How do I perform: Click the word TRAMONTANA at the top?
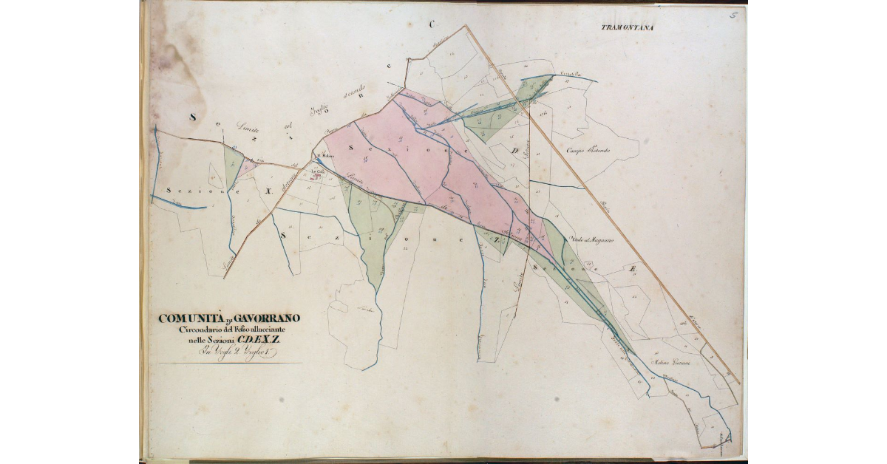pyautogui.click(x=628, y=28)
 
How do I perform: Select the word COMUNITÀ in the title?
pyautogui.click(x=190, y=318)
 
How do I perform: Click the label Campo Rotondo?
pyautogui.click(x=588, y=151)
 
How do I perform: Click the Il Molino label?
pyautogui.click(x=326, y=156)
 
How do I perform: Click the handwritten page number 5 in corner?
pyautogui.click(x=734, y=14)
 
